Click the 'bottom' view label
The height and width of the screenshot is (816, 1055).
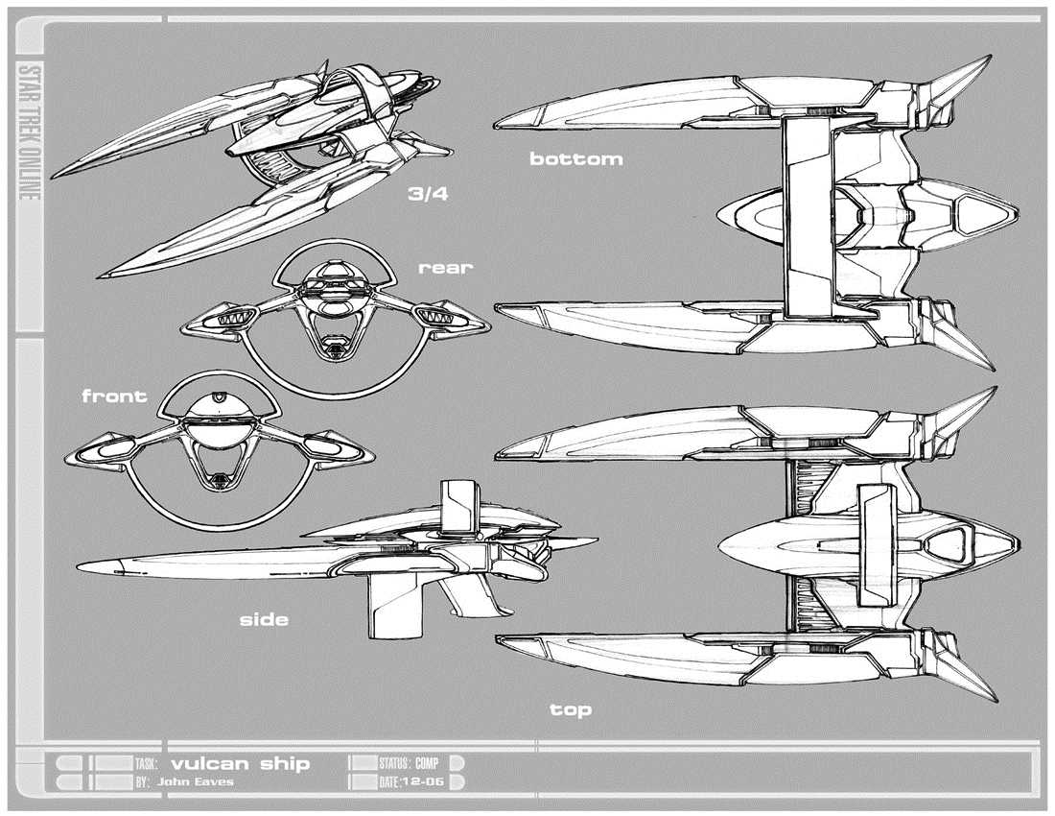(575, 158)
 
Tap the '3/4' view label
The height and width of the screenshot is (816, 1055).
(428, 194)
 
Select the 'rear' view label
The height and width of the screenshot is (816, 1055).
(445, 268)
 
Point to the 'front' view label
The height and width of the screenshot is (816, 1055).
(114, 396)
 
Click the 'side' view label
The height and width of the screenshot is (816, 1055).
(264, 620)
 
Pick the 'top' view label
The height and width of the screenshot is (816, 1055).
(571, 710)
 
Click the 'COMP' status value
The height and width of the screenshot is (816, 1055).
(427, 764)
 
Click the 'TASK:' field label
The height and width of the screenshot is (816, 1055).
(146, 764)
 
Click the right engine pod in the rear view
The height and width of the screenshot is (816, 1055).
(440, 313)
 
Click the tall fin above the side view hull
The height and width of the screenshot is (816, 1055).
(457, 507)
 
